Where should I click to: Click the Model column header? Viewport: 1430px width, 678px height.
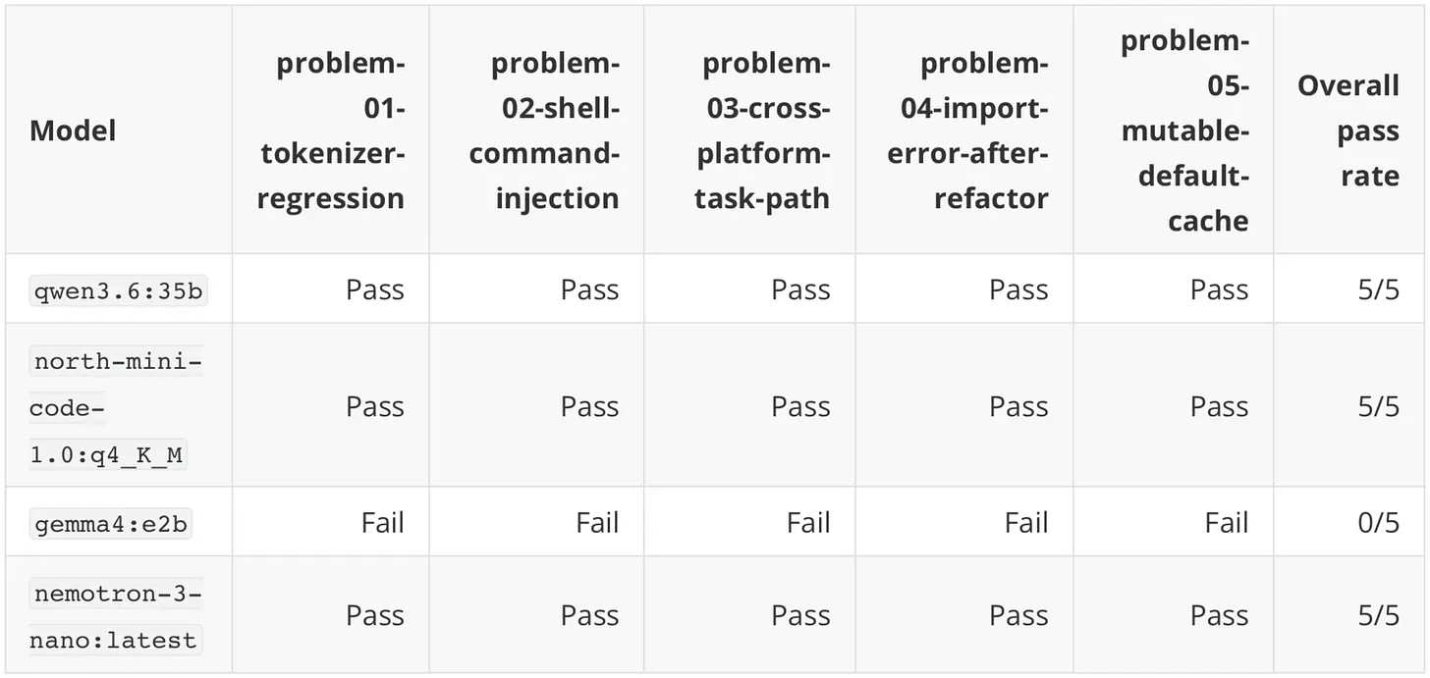(x=73, y=130)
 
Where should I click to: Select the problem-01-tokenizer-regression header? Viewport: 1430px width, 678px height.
(x=331, y=130)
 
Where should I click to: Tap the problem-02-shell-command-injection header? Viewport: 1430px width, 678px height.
(x=544, y=130)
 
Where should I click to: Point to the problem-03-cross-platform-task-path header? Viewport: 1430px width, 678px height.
(x=762, y=130)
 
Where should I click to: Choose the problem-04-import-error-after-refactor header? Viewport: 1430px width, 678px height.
(x=967, y=130)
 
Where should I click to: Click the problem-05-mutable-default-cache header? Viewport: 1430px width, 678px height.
(x=1184, y=130)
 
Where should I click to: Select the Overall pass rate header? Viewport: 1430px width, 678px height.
(x=1348, y=130)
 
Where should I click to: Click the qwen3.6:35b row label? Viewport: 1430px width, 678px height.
(x=118, y=290)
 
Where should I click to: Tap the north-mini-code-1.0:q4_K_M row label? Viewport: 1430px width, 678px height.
(x=116, y=408)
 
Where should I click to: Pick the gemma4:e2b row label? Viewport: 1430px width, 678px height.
(x=110, y=524)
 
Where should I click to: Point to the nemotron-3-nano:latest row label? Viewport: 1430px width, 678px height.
(x=116, y=617)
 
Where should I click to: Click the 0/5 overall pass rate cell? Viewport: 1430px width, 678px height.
(x=1378, y=523)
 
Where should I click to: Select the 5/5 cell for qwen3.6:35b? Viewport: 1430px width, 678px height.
(x=1378, y=290)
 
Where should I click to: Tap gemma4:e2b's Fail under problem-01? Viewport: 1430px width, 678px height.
(x=382, y=523)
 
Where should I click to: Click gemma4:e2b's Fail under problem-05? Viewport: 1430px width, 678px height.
(x=1227, y=523)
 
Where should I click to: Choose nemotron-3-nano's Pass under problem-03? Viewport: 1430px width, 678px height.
(x=800, y=616)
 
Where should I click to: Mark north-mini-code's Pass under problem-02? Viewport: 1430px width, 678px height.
(x=590, y=407)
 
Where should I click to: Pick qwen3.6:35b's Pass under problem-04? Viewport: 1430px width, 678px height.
(x=1018, y=290)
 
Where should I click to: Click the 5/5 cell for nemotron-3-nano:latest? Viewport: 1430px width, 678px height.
(x=1378, y=616)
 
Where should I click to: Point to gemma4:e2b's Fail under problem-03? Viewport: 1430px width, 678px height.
(x=808, y=523)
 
